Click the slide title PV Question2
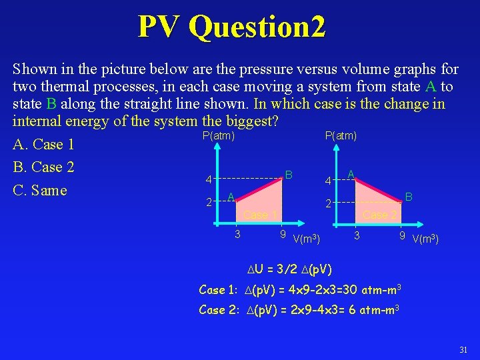[232, 27]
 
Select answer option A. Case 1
[43, 145]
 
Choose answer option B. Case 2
[43, 167]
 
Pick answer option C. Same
[40, 191]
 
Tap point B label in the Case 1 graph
[289, 175]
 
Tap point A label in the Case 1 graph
[230, 197]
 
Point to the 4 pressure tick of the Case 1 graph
[209, 180]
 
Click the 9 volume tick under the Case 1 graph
[283, 235]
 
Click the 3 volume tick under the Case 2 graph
[357, 235]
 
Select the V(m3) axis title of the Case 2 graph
[426, 239]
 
